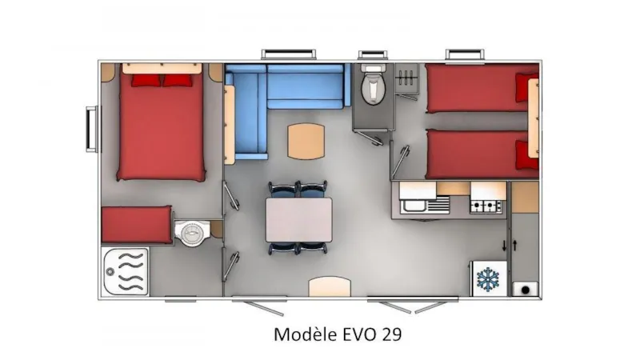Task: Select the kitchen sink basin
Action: point(414,206)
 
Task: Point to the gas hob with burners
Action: point(486,206)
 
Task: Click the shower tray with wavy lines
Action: point(125,272)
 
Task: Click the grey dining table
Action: point(299,218)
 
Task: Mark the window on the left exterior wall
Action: point(90,126)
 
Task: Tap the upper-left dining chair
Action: point(282,190)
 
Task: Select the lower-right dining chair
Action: point(314,247)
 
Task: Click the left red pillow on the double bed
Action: point(146,79)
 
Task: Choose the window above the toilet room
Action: point(372,55)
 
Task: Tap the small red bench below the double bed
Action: point(137,224)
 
